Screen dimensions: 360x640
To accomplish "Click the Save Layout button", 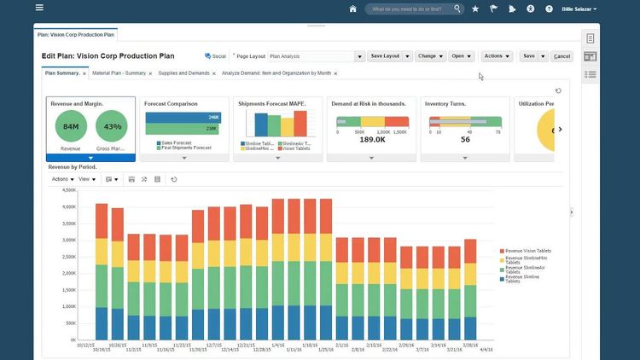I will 385,56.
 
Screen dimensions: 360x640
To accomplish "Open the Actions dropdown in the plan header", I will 497,56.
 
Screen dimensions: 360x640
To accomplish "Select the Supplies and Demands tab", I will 183,73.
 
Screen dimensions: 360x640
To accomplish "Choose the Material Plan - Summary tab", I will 119,73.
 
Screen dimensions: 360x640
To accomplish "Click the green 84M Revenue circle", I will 71,127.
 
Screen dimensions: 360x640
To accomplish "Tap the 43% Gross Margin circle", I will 110,127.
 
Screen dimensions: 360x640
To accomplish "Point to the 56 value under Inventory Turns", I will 465,140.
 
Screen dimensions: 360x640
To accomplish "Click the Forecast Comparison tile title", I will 171,104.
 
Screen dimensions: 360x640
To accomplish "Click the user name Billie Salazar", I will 578,9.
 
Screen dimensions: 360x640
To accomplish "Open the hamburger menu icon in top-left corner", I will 39,9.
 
